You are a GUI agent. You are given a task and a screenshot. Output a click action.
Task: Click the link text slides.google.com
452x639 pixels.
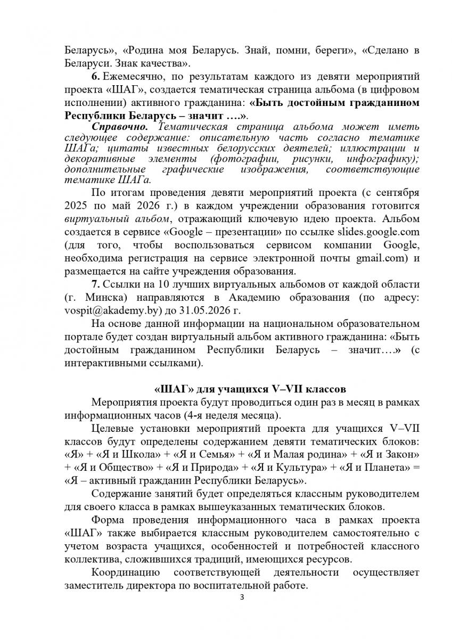point(378,232)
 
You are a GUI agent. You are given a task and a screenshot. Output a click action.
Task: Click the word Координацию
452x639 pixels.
point(126,572)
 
